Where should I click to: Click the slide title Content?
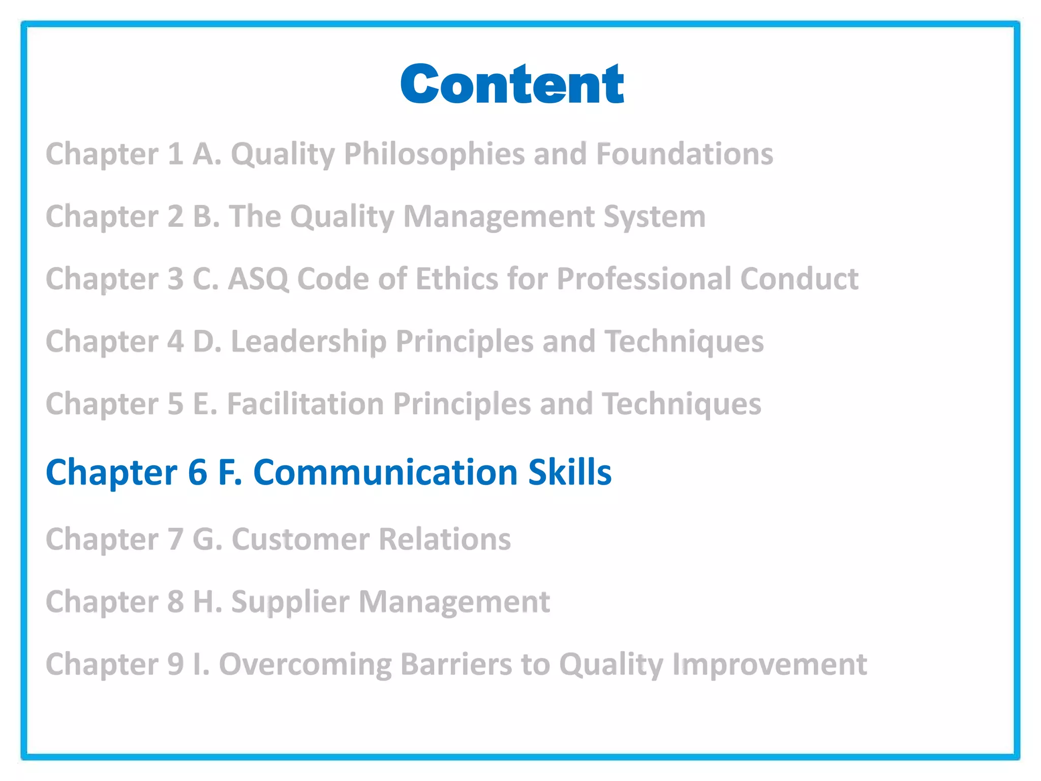pos(512,84)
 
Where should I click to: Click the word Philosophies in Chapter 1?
pos(434,154)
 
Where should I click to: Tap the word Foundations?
pos(684,154)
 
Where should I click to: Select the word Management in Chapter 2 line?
pos(499,217)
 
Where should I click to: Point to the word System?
pos(655,217)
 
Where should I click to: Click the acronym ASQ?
pos(258,279)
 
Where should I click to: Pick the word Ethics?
pos(456,279)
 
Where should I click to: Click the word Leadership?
pos(309,342)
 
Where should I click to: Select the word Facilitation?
pos(305,404)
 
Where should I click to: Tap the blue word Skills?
pos(569,472)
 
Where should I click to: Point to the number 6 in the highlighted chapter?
pos(198,472)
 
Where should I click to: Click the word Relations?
pos(445,539)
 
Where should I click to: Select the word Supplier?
pos(290,603)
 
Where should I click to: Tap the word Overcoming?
pos(305,665)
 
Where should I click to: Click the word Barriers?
pos(456,665)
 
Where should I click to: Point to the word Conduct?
pos(799,279)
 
